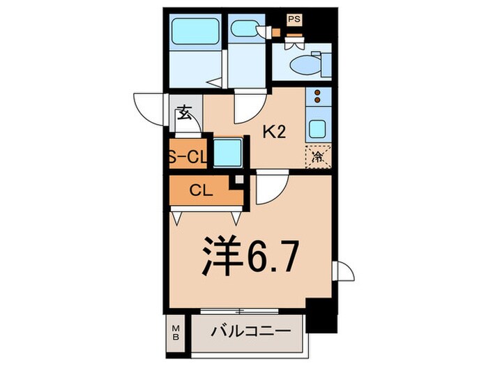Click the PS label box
[x=294, y=20]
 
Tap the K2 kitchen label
[x=274, y=132]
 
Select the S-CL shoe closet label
[x=188, y=157]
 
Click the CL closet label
[x=201, y=190]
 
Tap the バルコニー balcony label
[x=251, y=331]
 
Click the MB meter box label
[x=176, y=333]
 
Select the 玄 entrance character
[x=184, y=113]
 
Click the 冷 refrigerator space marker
[x=318, y=157]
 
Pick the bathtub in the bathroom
[x=195, y=31]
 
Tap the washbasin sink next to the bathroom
[x=245, y=29]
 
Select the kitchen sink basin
[x=317, y=128]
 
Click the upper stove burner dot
[x=317, y=93]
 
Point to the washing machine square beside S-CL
[x=228, y=153]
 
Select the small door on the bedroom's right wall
[x=343, y=271]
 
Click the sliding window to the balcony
[x=239, y=311]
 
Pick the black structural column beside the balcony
[x=321, y=316]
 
